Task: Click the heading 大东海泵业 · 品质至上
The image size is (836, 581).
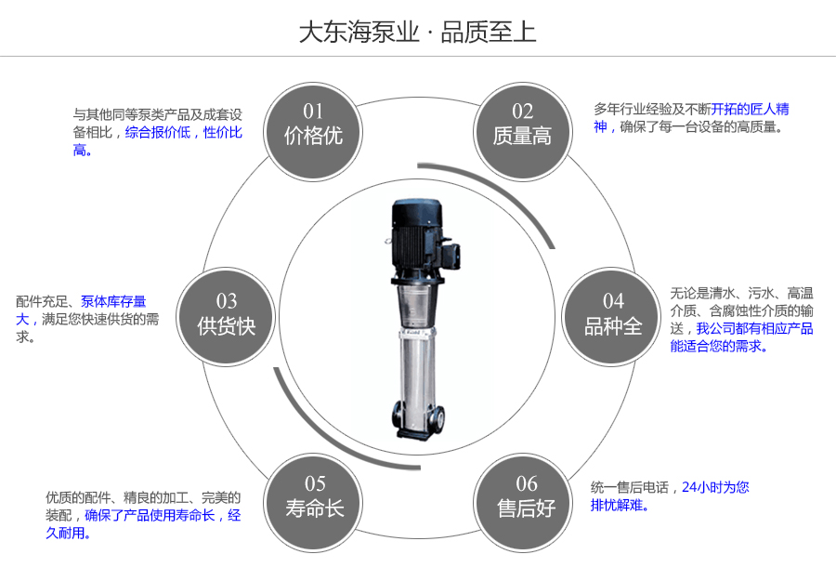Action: pos(417,33)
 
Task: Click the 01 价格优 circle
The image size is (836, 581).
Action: pos(313,125)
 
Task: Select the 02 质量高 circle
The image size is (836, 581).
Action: pos(522,125)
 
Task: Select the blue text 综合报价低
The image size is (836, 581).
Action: pos(158,133)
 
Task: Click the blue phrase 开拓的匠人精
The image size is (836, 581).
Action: pos(751,109)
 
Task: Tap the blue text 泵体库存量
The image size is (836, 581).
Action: pos(113,301)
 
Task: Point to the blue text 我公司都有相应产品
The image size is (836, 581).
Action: pos(754,328)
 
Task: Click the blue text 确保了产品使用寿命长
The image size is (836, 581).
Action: pos(150,515)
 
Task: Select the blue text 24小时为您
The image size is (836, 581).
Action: pos(715,487)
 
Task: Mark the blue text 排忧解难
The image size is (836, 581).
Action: pos(620,506)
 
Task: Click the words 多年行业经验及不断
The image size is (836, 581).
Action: pos(652,109)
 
